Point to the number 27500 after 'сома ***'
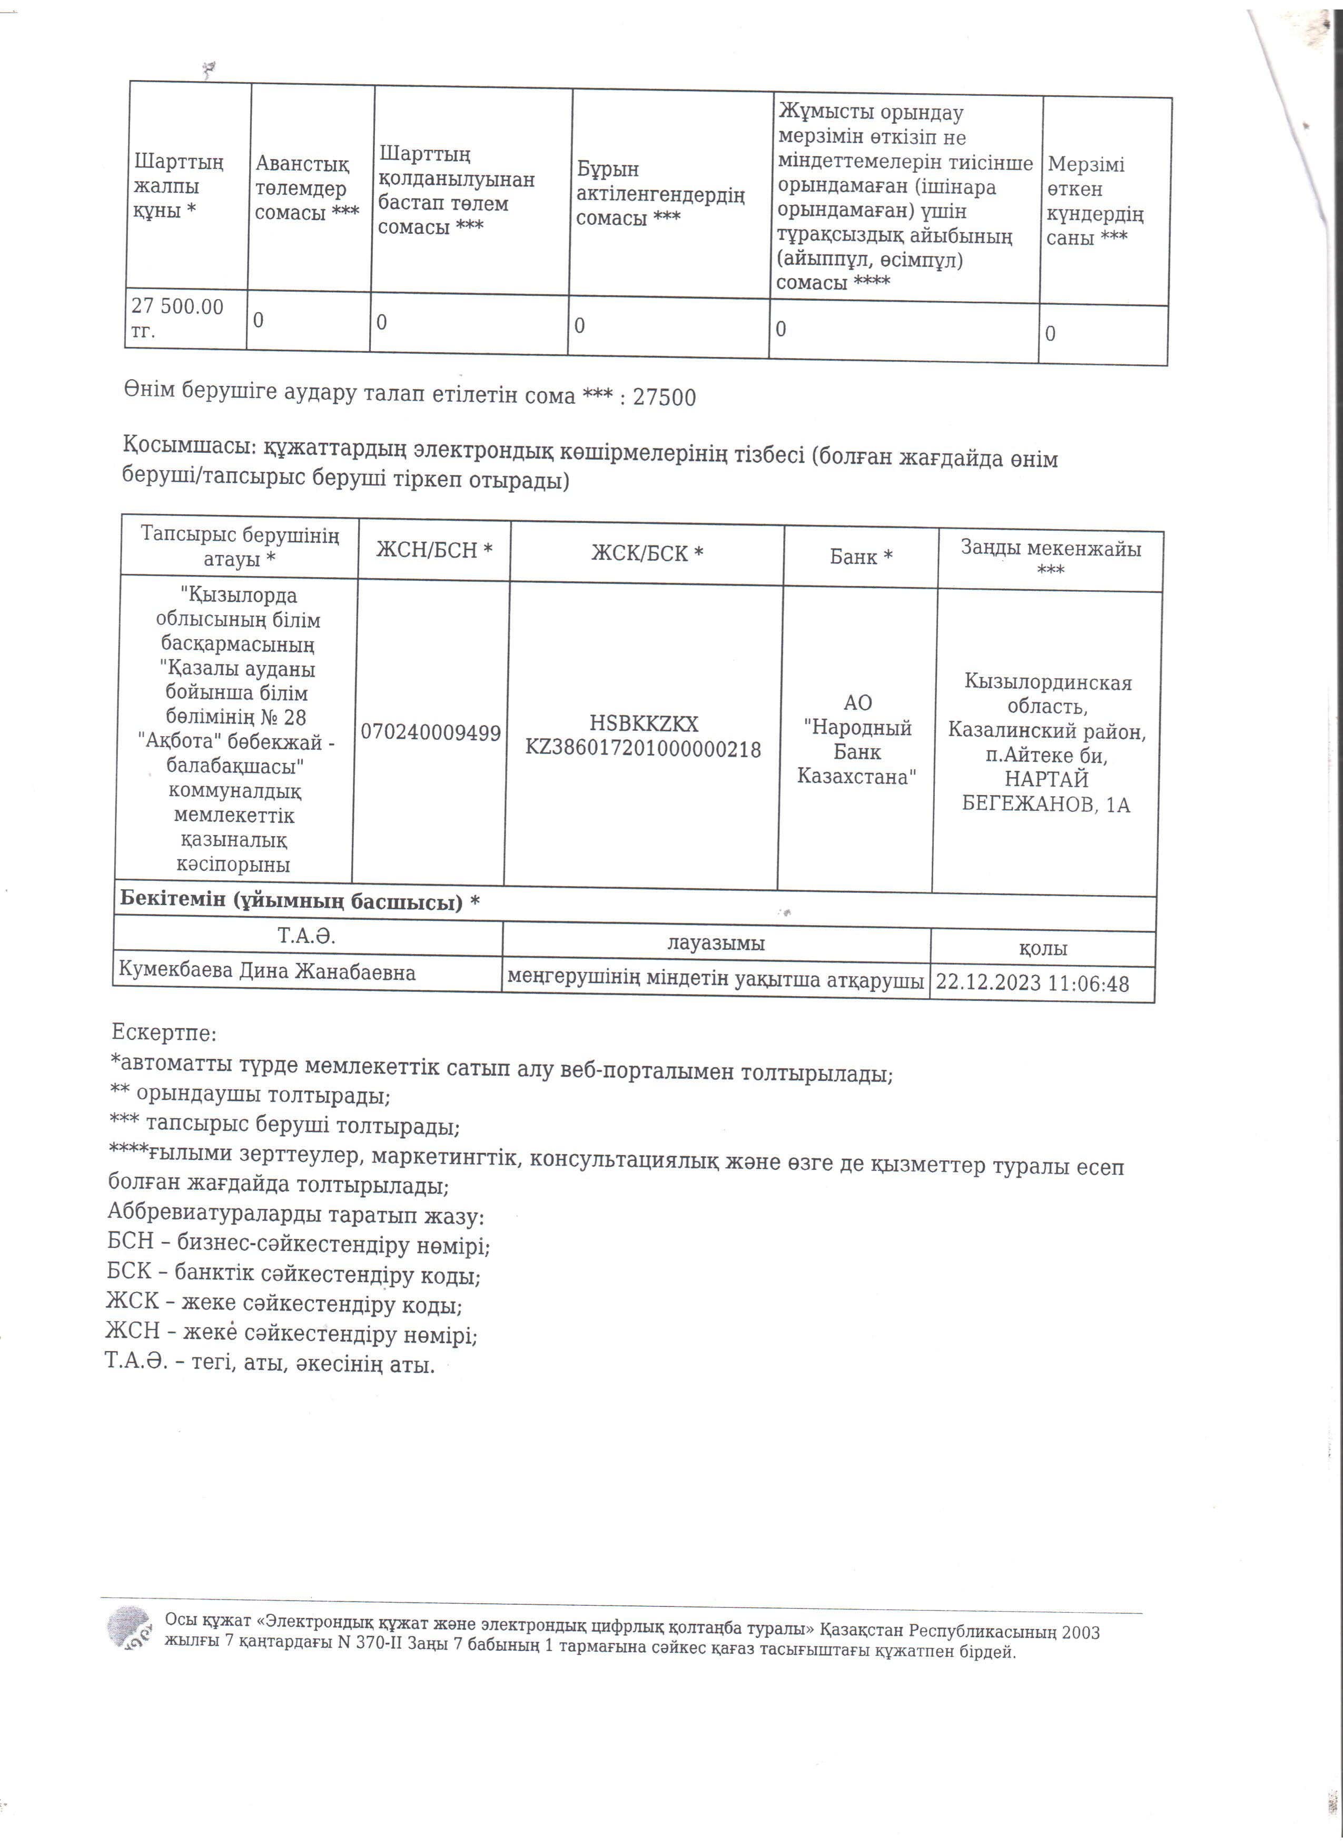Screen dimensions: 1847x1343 (665, 398)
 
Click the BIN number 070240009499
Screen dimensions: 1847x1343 (431, 733)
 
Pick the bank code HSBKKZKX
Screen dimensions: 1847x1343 (644, 723)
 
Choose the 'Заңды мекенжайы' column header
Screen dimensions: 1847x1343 (1051, 559)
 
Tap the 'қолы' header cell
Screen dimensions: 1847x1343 (1043, 948)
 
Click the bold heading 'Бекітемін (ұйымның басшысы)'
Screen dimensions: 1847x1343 (300, 901)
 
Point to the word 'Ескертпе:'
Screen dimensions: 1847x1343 (164, 1034)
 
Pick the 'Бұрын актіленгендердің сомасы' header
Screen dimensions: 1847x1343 (660, 193)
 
